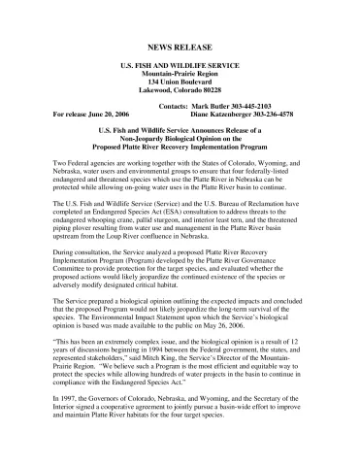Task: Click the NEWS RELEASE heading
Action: point(180,46)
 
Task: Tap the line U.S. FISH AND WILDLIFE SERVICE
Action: point(180,65)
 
